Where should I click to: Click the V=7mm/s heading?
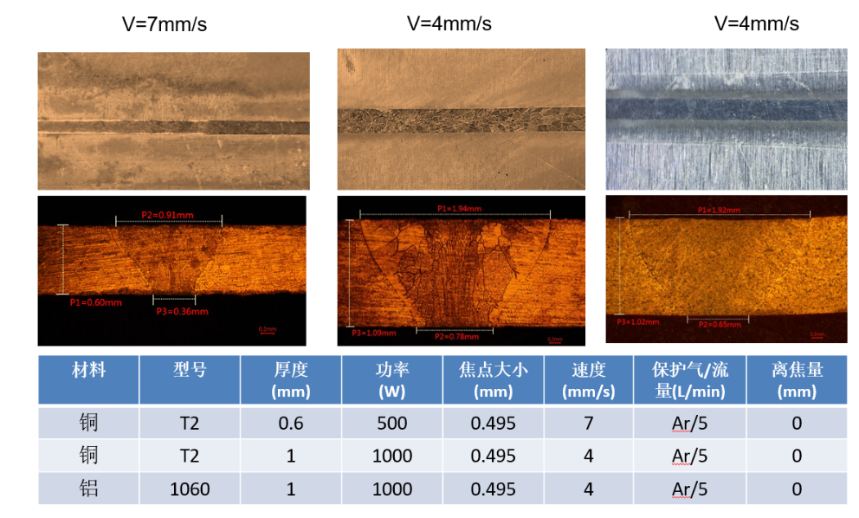(x=164, y=24)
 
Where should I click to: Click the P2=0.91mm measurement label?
(x=168, y=214)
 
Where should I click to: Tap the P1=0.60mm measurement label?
(x=96, y=302)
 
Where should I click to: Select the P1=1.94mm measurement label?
(x=458, y=208)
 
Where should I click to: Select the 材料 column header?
(x=88, y=371)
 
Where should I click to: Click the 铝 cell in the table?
(x=88, y=489)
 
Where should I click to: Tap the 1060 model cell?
(x=190, y=489)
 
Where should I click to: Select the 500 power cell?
(x=392, y=424)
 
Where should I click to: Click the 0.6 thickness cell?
(x=291, y=424)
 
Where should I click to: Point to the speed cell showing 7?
(x=588, y=424)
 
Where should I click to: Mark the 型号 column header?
(x=190, y=371)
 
